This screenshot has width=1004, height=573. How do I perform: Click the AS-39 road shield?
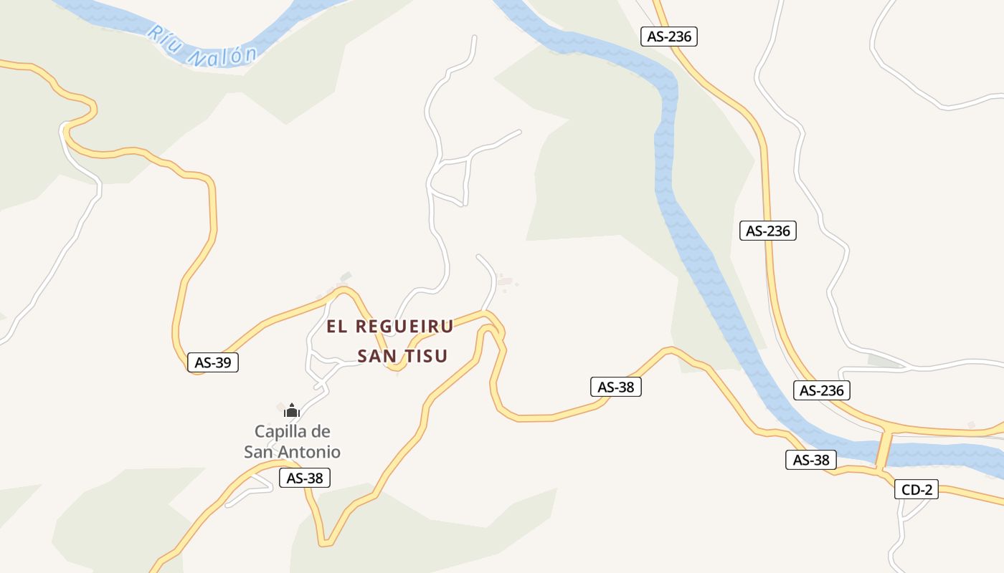[212, 362]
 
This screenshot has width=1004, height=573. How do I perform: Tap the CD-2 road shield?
[917, 490]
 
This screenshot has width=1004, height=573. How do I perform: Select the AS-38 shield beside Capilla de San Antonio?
[305, 478]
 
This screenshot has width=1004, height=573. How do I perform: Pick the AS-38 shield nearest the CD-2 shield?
[811, 460]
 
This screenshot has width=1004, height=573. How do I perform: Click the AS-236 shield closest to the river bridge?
[822, 390]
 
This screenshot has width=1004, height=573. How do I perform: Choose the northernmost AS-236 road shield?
[668, 37]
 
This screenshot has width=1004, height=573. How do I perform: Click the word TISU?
[426, 356]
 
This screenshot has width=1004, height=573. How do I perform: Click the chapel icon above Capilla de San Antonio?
[291, 410]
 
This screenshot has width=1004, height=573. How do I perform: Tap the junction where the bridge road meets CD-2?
[879, 471]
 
